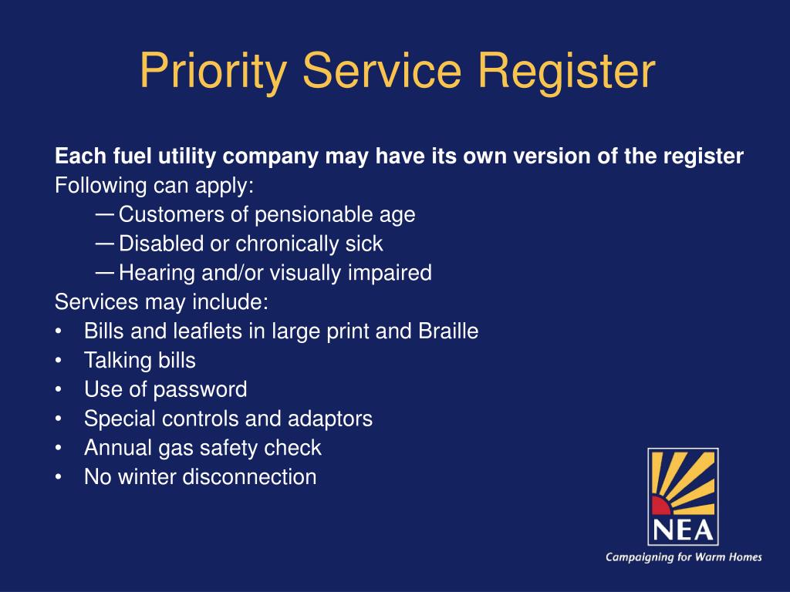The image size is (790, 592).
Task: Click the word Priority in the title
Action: pyautogui.click(x=214, y=72)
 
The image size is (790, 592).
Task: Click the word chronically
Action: pyautogui.click(x=283, y=244)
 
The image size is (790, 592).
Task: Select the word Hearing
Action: pyautogui.click(x=153, y=273)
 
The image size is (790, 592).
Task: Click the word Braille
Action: pyautogui.click(x=448, y=331)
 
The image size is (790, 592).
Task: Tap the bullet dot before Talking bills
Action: pyautogui.click(x=59, y=361)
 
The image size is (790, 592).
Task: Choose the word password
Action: pyautogui.click(x=200, y=390)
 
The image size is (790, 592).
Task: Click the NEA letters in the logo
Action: pyautogui.click(x=682, y=530)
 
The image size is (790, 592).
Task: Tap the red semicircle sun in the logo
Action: pyautogui.click(x=661, y=506)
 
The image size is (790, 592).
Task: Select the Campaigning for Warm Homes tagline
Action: pyautogui.click(x=684, y=557)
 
